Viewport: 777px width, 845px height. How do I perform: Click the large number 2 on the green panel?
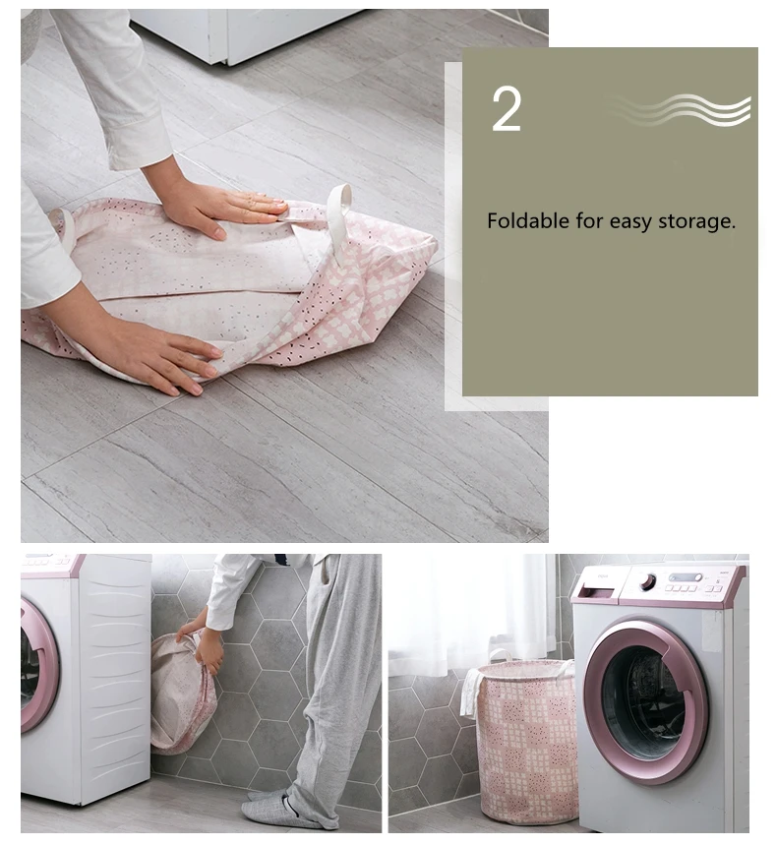[x=507, y=110]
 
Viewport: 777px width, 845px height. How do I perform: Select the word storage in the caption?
[x=697, y=221]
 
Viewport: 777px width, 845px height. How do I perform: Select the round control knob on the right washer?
[x=648, y=581]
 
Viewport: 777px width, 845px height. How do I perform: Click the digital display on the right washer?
[x=687, y=578]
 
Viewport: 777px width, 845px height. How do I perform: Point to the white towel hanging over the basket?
[x=474, y=691]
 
